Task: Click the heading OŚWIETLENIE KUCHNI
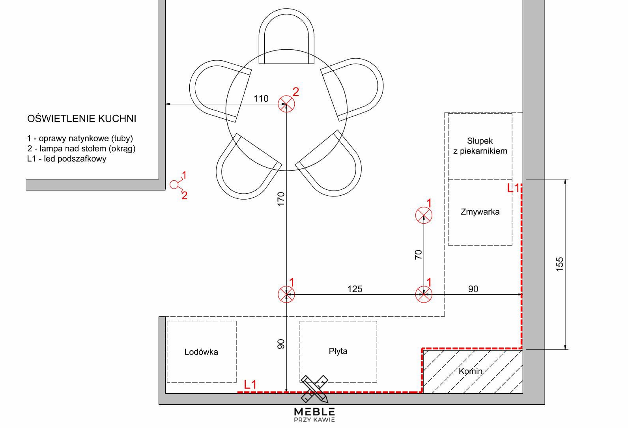[82, 119]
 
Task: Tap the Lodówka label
[201, 352]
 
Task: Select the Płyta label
[338, 351]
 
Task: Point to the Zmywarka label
[480, 211]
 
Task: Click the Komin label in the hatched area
[471, 371]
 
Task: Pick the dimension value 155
[560, 264]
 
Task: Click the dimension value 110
[261, 99]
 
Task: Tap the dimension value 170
[281, 199]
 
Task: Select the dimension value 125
[355, 289]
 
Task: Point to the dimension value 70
[418, 254]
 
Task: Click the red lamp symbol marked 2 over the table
[286, 104]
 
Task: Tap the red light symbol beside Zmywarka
[424, 215]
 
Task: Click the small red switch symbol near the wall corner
[175, 185]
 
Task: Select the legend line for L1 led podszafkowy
[67, 159]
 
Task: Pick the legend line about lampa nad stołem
[81, 149]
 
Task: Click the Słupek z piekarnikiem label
[480, 146]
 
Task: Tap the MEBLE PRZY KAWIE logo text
[314, 415]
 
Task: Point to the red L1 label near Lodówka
[250, 385]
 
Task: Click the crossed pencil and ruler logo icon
[314, 389]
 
